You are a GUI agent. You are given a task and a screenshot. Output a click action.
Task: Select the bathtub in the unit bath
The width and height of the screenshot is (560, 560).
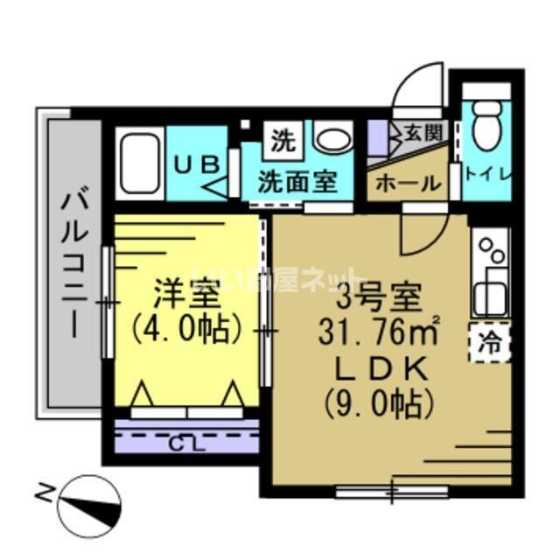pyautogui.click(x=140, y=165)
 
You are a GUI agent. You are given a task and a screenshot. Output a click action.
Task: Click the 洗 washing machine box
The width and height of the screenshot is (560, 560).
pyautogui.click(x=281, y=137)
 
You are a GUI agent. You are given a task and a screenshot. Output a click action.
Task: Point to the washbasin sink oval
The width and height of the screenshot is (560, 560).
pyautogui.click(x=332, y=139)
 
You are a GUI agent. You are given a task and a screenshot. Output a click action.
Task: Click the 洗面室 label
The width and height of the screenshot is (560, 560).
pyautogui.click(x=297, y=182)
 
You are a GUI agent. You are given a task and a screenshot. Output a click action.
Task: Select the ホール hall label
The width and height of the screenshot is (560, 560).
pyautogui.click(x=409, y=184)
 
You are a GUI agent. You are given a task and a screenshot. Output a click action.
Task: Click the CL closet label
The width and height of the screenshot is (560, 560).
pyautogui.click(x=187, y=441)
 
